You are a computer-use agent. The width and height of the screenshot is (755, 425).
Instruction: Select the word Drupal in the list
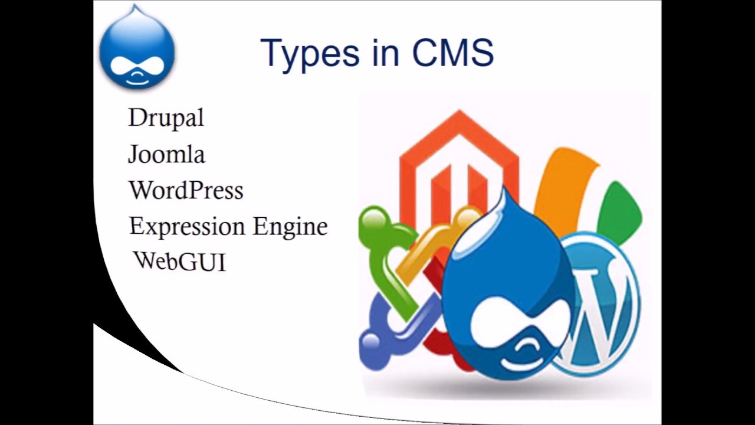[166, 117]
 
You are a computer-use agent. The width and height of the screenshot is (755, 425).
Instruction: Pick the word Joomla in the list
[166, 154]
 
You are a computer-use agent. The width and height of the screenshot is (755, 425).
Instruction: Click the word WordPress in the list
[186, 190]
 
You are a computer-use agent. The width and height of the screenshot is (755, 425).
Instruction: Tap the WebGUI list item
[179, 261]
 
